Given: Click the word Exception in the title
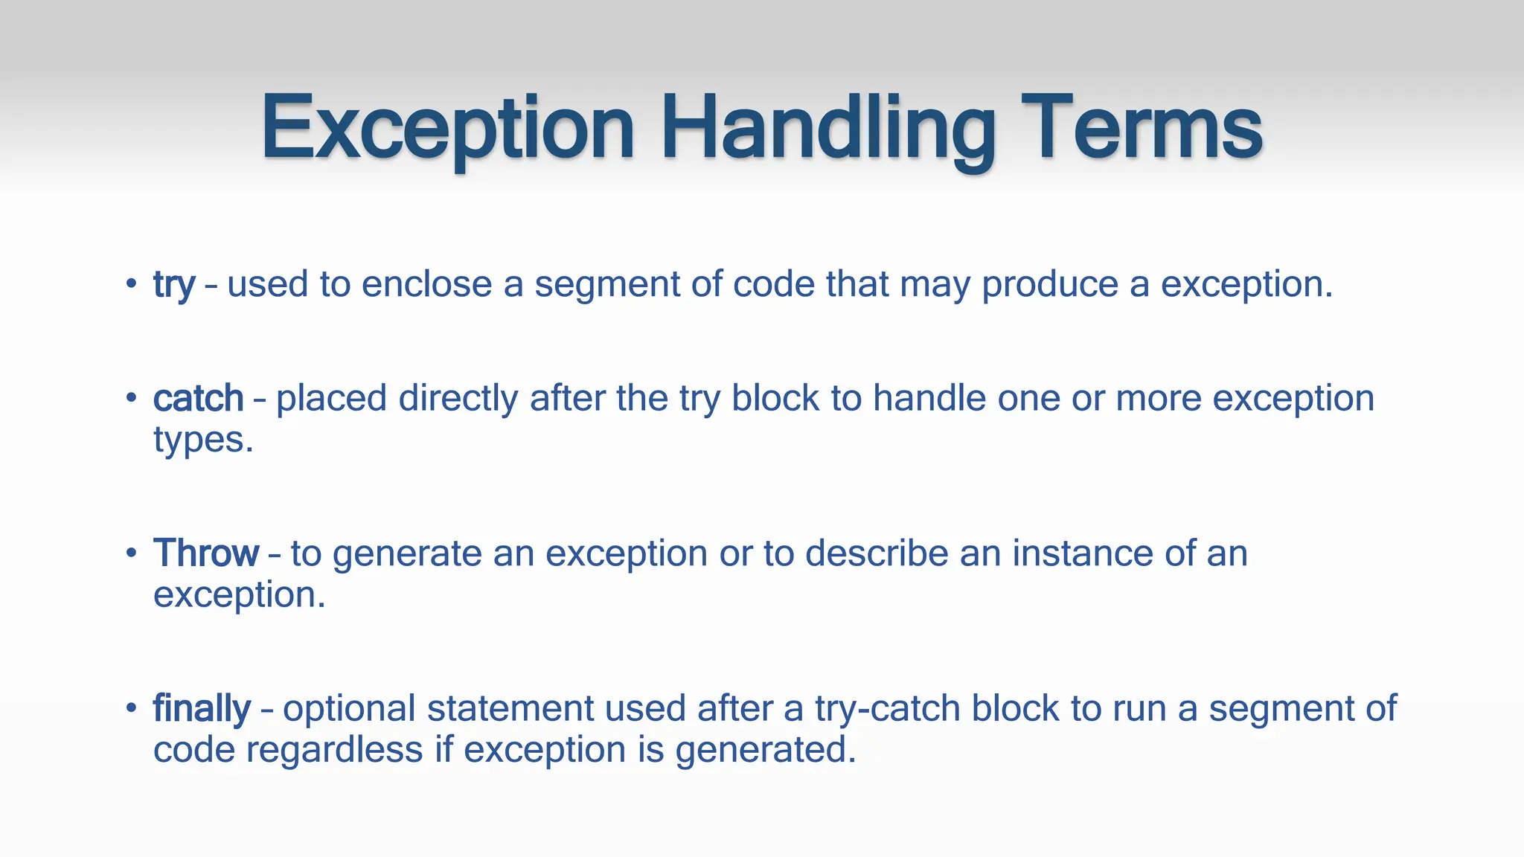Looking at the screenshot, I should pos(447,128).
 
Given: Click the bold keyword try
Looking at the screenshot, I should pos(173,285).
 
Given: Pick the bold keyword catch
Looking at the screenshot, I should pos(198,399).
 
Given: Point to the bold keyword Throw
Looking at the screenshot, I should pos(206,553).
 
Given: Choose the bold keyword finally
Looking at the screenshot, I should pos(202,708).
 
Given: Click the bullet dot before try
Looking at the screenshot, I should pos(131,283).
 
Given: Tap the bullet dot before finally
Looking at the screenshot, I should pos(131,707).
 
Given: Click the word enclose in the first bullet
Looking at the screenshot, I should pos(426,284).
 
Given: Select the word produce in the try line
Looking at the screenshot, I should pos(1050,285).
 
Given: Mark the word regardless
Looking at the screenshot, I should pos(335,750).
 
